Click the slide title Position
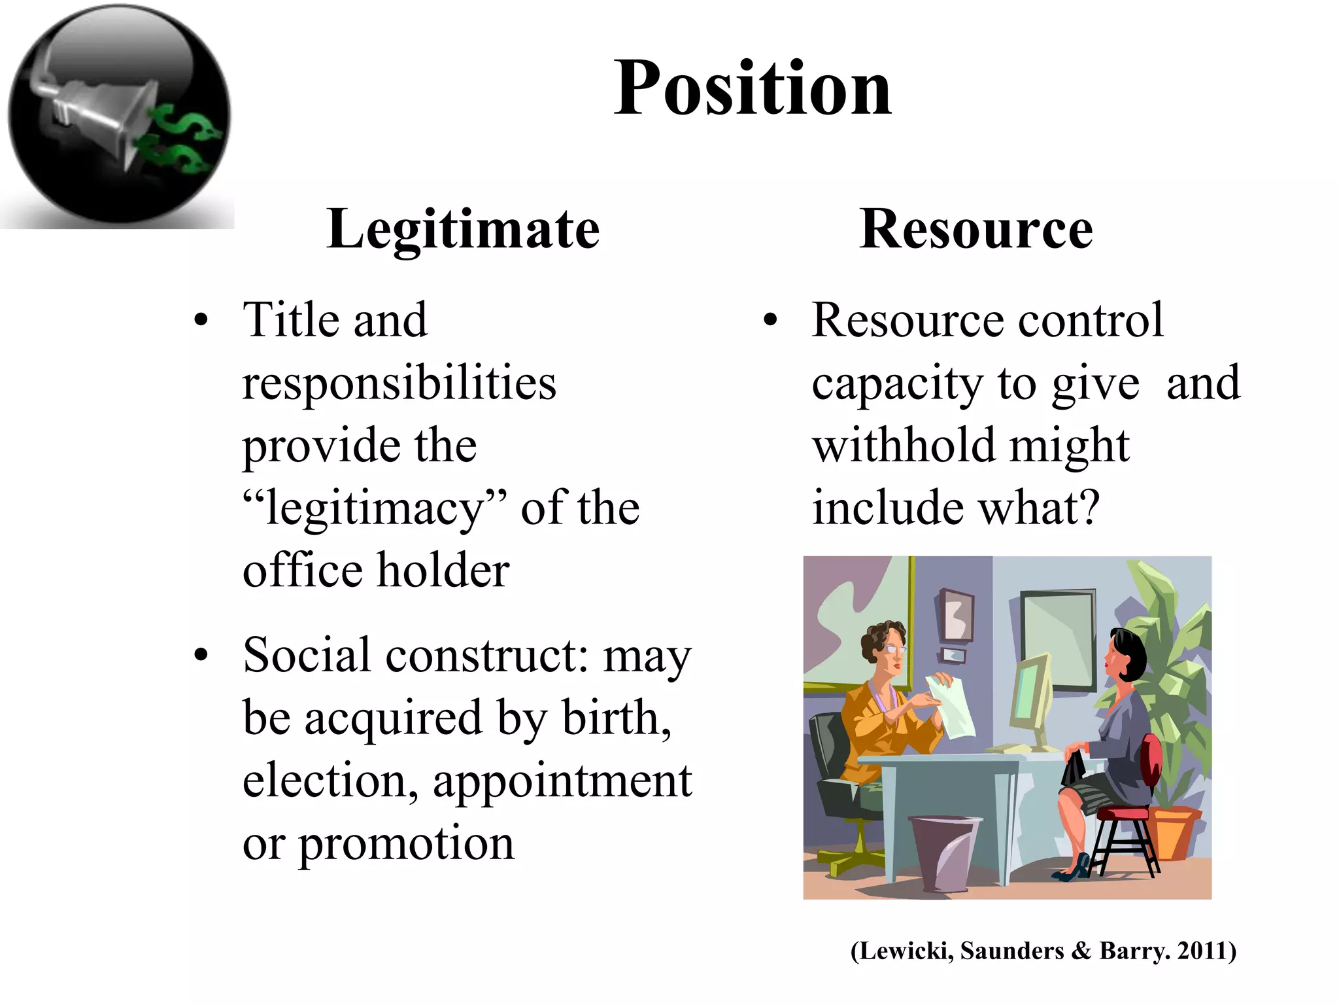[752, 88]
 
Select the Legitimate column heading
[463, 229]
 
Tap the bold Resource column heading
[975, 229]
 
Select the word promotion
[407, 843]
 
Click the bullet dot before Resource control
[771, 321]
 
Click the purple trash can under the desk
[944, 851]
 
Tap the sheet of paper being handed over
[951, 707]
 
